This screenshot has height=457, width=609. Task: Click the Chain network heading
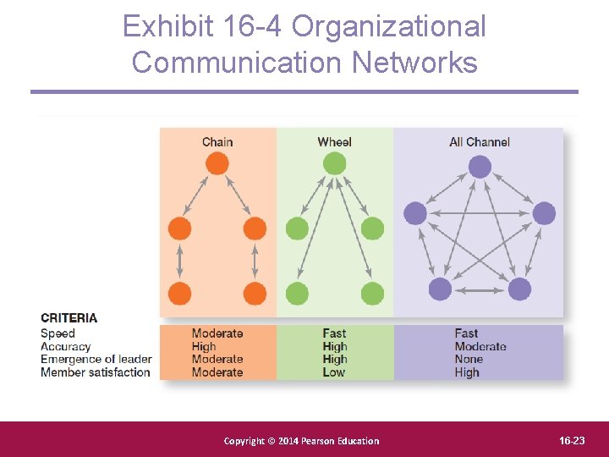tap(217, 141)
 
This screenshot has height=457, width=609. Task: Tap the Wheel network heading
tap(334, 141)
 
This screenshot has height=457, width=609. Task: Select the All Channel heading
tap(480, 141)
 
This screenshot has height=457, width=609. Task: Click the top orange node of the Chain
tap(217, 163)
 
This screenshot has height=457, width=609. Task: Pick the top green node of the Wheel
tap(334, 163)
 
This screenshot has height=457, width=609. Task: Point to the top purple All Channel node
tap(480, 167)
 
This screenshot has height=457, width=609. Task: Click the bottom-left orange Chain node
tap(180, 294)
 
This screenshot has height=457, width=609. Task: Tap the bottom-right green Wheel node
tap(372, 294)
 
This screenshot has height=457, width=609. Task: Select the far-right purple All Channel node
tap(544, 213)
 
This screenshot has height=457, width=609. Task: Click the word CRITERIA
tap(69, 318)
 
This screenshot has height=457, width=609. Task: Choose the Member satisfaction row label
tap(96, 372)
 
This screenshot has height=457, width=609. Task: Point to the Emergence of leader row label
tap(96, 360)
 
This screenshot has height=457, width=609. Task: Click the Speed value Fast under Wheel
tap(334, 333)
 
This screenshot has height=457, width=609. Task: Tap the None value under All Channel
tap(468, 360)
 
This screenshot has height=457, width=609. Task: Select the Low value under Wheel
tap(333, 372)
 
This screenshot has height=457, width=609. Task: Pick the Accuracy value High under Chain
tap(204, 346)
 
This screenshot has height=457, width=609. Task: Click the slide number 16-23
tap(572, 440)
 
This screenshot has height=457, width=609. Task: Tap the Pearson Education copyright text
tap(301, 441)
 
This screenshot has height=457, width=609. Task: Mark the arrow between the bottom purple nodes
tap(480, 289)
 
